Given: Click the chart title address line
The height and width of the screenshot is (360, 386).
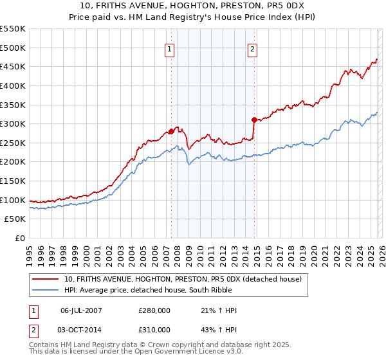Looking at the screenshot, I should [193, 6].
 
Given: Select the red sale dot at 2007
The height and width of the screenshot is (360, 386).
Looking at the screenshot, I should [171, 131].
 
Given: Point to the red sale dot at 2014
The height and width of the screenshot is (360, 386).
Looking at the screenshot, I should [254, 120].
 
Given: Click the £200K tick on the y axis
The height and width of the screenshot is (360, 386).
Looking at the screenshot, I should [13, 162].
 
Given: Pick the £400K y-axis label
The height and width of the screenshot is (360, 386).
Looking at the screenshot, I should [13, 85].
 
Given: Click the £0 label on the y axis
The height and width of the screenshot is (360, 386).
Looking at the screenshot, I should [19, 239].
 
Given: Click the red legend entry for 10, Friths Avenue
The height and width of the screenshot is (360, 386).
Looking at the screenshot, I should [187, 278].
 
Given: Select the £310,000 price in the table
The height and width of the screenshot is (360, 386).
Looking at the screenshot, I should [154, 329].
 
